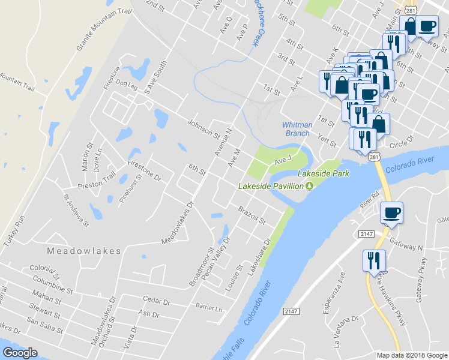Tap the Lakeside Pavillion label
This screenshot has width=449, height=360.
point(271,186)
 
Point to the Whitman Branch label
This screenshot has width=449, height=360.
point(297,129)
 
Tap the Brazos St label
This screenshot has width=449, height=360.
point(252,216)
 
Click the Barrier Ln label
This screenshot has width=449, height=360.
point(209,308)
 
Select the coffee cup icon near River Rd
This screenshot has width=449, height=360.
point(391,213)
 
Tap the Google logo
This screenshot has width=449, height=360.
point(20,353)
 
